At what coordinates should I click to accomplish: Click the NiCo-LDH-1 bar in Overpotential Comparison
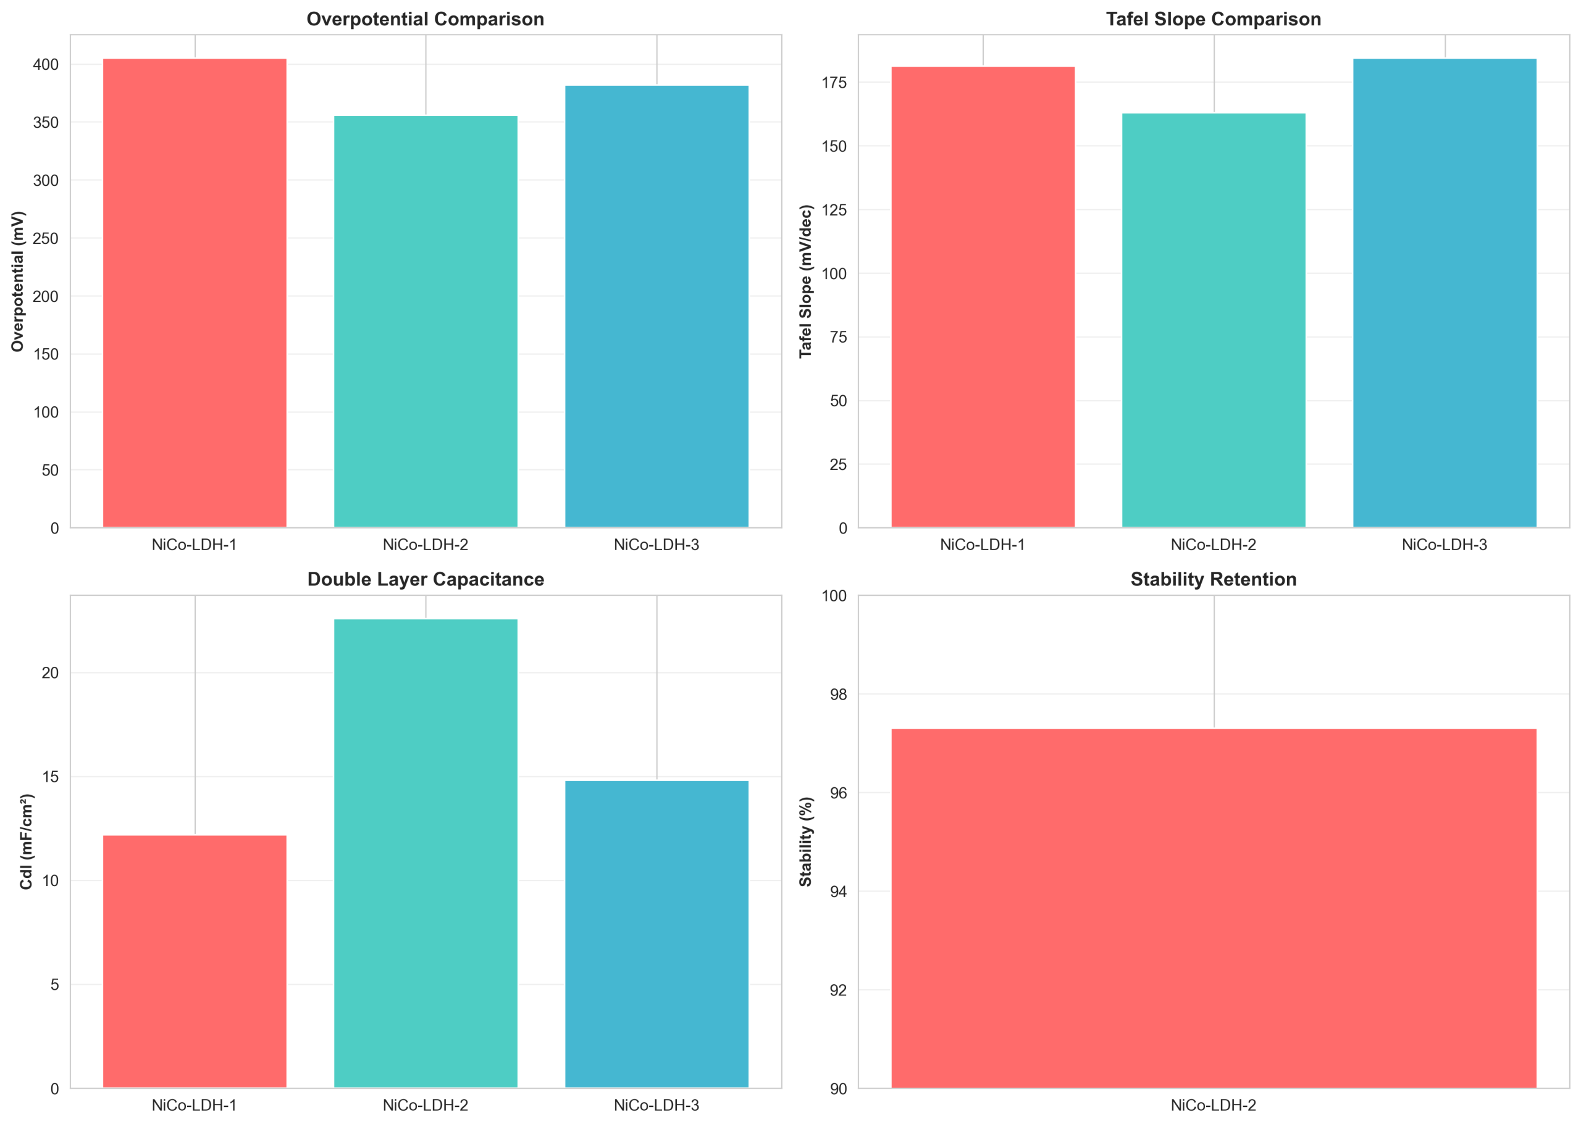(x=195, y=293)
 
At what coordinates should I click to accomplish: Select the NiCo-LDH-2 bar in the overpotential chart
(x=426, y=322)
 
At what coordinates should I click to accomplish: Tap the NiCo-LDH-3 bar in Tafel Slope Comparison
(x=1445, y=293)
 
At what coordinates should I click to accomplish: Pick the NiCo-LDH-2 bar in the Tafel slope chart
(x=1213, y=320)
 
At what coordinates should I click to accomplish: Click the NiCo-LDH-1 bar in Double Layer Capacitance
(x=195, y=961)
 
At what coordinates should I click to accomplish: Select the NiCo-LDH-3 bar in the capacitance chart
(x=656, y=934)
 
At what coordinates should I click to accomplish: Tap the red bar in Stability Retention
(x=1214, y=908)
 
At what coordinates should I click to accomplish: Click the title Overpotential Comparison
(x=426, y=19)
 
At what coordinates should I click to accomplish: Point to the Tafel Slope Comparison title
(x=1214, y=19)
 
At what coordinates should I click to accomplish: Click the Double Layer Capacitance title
(x=426, y=580)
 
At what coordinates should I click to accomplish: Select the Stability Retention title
(x=1214, y=580)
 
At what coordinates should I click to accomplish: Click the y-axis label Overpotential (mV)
(x=18, y=282)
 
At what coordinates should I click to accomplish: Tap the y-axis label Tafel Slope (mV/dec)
(x=806, y=282)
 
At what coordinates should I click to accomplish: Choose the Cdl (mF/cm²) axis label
(x=27, y=842)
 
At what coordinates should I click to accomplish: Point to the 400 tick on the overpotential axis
(x=46, y=64)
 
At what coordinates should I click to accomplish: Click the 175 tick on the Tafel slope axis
(x=834, y=83)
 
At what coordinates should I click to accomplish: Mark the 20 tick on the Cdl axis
(x=50, y=672)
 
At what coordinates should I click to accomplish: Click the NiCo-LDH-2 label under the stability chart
(x=1214, y=1106)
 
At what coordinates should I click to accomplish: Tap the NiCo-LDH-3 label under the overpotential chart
(x=656, y=545)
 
